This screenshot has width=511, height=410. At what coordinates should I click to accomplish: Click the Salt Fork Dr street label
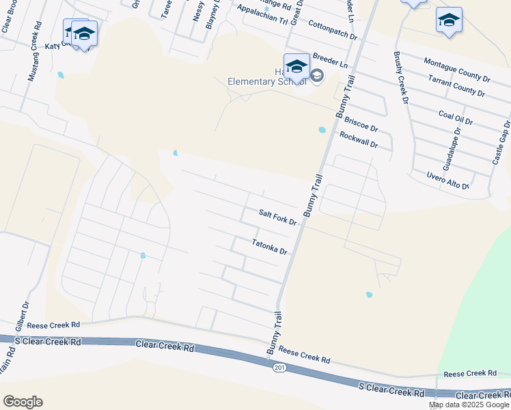(x=277, y=218)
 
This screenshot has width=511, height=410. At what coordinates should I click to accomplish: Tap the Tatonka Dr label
(x=268, y=247)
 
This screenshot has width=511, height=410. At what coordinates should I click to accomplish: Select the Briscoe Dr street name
(x=361, y=124)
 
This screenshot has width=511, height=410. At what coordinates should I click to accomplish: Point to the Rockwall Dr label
(x=358, y=140)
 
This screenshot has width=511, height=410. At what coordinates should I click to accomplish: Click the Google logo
(x=22, y=402)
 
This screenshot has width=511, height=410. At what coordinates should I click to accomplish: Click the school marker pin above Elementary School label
(x=296, y=66)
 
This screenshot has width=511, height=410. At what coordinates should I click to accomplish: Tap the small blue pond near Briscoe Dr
(x=322, y=130)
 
